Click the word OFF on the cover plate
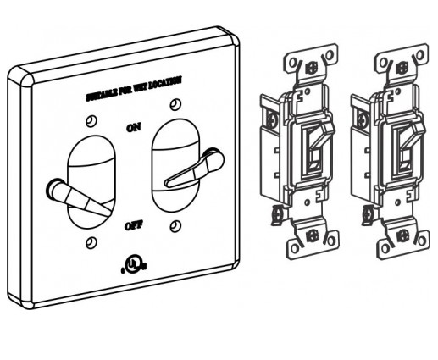(133, 226)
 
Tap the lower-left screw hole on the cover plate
(91, 242)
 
